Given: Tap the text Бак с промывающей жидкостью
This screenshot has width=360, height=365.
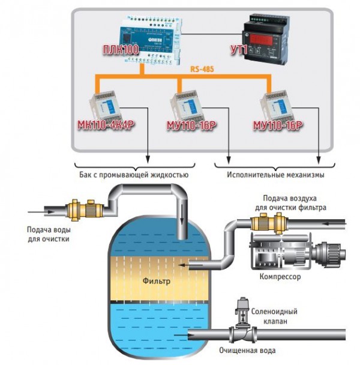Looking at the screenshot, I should coord(131,175).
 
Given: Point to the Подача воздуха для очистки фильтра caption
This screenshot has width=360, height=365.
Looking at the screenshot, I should coord(294,203).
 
